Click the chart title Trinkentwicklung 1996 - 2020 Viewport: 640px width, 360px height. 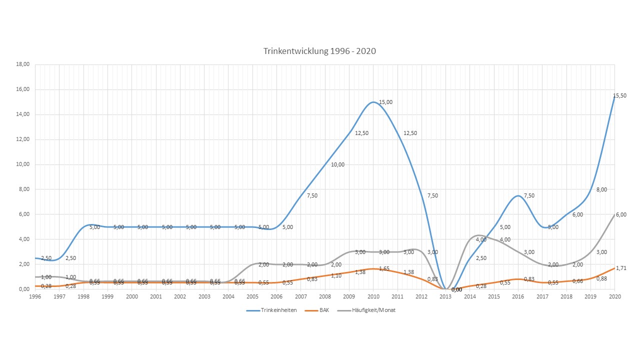319,51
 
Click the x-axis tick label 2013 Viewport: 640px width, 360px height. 446,297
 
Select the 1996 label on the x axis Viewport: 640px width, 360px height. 35,297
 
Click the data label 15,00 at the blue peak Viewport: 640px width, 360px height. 385,102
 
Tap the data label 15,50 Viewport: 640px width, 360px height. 619,95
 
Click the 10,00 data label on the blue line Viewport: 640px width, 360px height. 337,164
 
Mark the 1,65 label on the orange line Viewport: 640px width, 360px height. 384,268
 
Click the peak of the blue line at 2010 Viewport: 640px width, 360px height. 373,102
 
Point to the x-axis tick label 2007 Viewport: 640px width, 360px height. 301,297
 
